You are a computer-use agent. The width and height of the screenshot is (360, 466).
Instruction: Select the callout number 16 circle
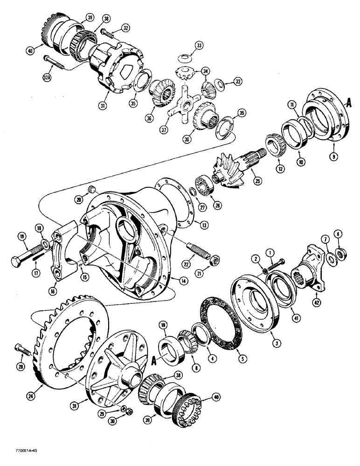pyautogui.click(x=57, y=293)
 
